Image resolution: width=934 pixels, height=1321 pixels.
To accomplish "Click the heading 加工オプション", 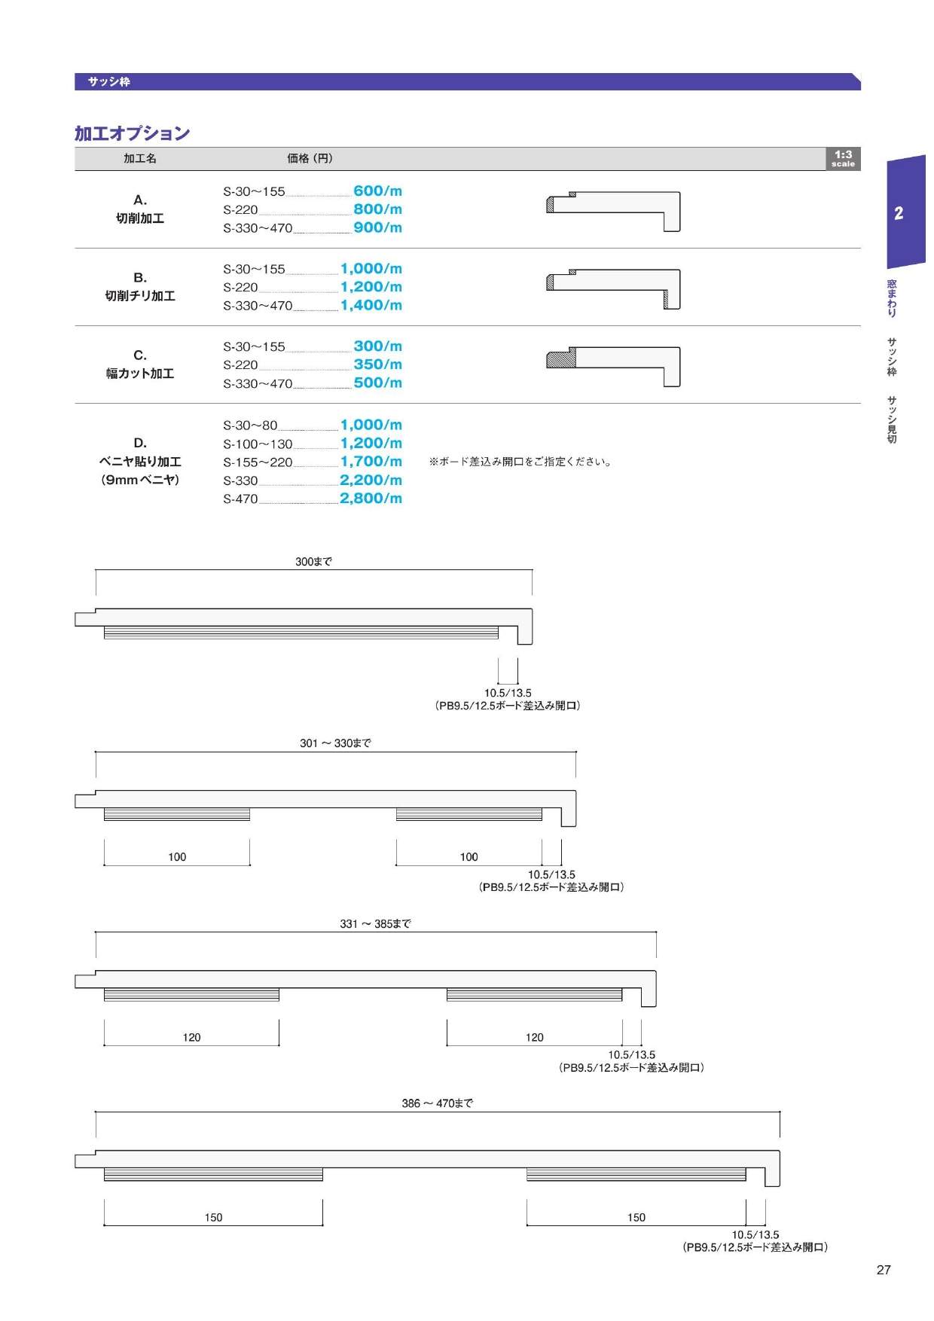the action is coord(132,133).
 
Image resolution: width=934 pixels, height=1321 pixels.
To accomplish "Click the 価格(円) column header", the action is coord(310,158).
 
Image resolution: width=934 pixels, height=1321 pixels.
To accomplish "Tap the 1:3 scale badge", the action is coord(843,158).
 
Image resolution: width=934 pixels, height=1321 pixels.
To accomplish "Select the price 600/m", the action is coord(377,191).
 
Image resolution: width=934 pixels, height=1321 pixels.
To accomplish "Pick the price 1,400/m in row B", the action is coord(371,305).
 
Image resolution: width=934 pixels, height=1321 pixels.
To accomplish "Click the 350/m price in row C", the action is coord(377,365).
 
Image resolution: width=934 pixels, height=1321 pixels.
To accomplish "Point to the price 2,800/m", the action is coord(371,499).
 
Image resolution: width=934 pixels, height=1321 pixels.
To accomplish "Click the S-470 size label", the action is coord(240,499).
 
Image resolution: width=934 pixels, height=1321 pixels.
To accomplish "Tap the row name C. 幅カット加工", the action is coord(140,365).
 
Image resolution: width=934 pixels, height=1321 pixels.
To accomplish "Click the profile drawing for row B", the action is coord(613,289).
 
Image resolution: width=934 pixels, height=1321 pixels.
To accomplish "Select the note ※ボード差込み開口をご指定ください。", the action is coord(520,462).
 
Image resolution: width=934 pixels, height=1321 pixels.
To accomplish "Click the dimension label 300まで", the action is coord(313,562).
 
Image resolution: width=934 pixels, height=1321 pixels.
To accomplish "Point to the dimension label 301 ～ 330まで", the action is coord(335,743).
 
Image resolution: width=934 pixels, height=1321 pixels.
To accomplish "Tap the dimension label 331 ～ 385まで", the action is coord(375,924).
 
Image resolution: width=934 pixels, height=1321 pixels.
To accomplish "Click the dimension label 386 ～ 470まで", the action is coord(437,1103).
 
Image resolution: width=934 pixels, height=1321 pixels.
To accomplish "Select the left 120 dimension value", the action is coord(191,1038).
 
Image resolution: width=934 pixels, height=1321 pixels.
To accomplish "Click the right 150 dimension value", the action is coord(636,1218).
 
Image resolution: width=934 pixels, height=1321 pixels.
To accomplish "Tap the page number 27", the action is coord(884,1270).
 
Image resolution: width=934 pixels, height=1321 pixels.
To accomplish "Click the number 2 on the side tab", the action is coord(899,213).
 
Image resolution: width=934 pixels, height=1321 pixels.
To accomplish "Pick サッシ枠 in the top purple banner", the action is coord(108,82).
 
